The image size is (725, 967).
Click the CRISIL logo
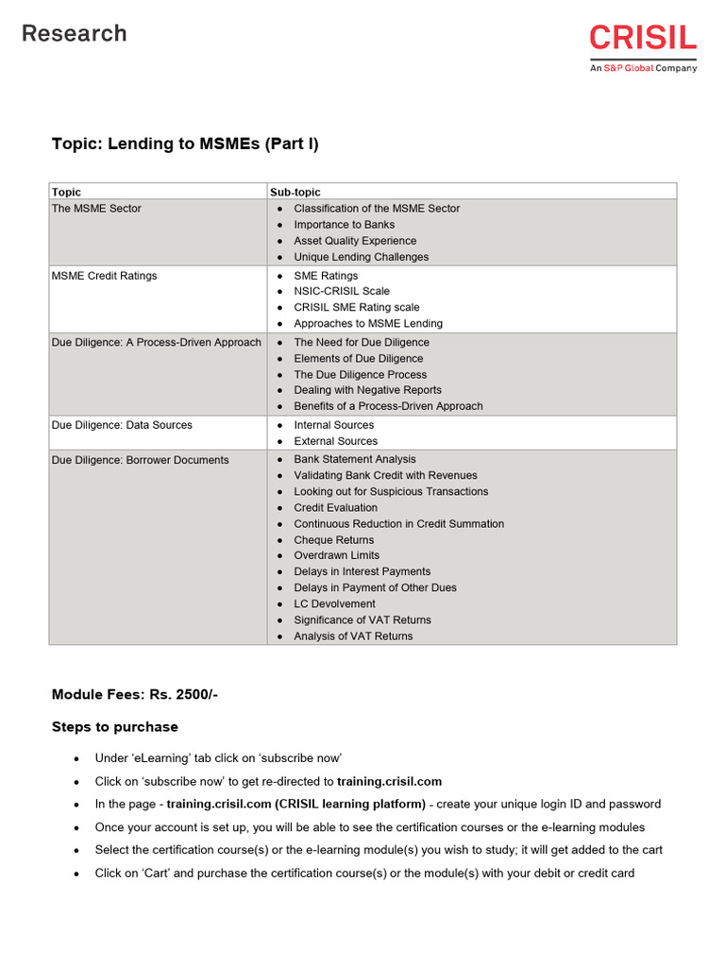643,39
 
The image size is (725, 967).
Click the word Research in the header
75,34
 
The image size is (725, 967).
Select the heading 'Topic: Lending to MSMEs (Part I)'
185,144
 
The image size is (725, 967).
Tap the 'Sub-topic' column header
295,192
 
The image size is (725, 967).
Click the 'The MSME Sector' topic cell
96,209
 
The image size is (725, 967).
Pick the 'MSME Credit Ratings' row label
104,276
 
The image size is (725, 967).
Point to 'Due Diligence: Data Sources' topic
122,425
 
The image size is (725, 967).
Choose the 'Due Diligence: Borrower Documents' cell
140,460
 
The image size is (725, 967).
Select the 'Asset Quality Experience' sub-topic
355,241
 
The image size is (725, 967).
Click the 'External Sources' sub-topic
335,441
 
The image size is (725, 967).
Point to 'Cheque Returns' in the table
333,540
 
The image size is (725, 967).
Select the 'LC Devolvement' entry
334,603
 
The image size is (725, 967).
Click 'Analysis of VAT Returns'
353,636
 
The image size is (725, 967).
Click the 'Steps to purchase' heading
114,727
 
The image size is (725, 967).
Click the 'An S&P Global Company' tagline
643,68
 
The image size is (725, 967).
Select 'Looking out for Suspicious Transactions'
391,492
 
